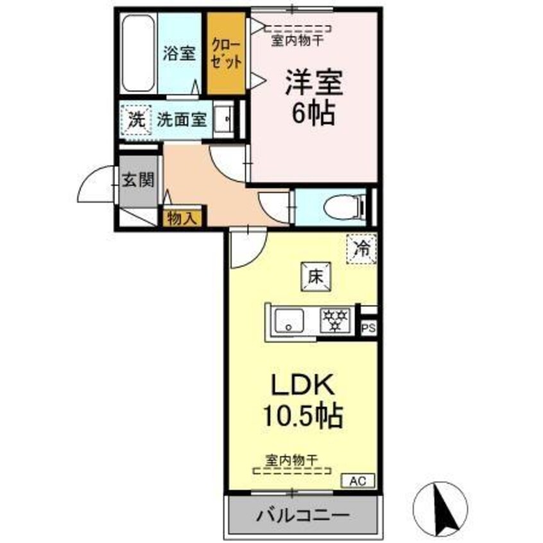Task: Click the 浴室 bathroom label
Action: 178,53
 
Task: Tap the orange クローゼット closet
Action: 225,55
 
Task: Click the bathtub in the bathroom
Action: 137,55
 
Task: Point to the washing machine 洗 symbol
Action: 135,119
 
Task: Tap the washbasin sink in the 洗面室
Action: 225,119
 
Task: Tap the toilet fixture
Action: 342,207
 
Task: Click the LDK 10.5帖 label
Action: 301,401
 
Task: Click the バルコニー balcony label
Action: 304,515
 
